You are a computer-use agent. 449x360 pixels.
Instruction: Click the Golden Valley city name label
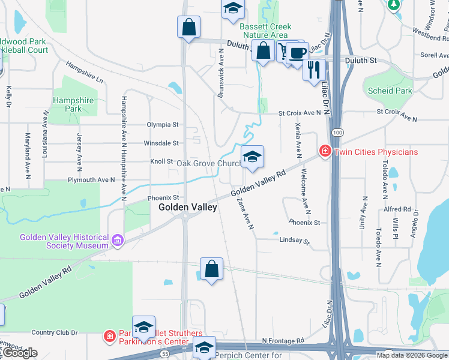[187, 207]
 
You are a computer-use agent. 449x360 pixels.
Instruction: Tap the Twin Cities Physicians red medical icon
[325, 151]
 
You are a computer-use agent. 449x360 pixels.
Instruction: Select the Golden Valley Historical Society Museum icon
[118, 241]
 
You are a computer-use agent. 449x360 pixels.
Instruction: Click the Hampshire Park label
[73, 105]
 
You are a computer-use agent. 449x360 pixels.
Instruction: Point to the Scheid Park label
[390, 91]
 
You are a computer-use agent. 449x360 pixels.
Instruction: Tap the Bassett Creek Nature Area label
[265, 31]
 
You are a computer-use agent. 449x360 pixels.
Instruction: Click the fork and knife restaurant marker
[313, 69]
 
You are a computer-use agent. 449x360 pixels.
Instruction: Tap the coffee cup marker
[297, 53]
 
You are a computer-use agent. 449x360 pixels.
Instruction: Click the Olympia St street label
[163, 125]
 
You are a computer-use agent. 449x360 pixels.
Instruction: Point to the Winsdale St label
[161, 143]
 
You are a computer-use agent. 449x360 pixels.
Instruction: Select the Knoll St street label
[161, 161]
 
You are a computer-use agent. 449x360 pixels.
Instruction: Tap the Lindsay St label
[294, 241]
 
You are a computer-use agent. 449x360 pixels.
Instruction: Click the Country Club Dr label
[55, 332]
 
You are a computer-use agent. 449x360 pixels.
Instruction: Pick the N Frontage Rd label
[283, 341]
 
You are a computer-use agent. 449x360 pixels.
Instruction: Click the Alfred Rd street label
[397, 209]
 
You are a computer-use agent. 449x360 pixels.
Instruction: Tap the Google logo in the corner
[20, 353]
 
